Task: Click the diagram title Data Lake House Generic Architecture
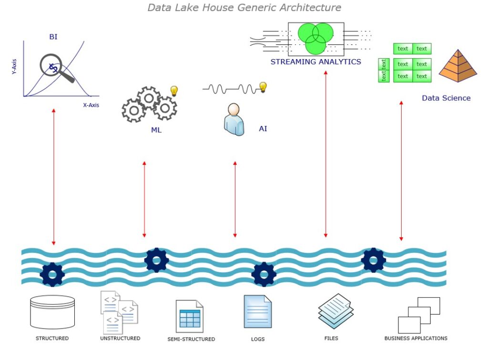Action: (x=244, y=8)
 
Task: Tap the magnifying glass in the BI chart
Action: (x=53, y=67)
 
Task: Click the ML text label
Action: (x=156, y=130)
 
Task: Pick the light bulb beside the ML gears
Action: (x=174, y=91)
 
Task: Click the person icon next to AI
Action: (x=234, y=120)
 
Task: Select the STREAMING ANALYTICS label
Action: (x=316, y=62)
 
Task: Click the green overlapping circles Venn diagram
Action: (x=315, y=38)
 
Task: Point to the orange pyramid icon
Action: (x=457, y=66)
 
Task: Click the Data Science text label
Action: (x=446, y=98)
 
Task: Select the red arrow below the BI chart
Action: (x=54, y=177)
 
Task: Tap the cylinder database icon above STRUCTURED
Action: (x=52, y=312)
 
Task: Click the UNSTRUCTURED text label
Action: (x=120, y=338)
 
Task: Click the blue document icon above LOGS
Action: (x=257, y=312)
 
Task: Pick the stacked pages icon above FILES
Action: (x=336, y=310)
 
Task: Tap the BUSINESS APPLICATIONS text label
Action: (x=416, y=338)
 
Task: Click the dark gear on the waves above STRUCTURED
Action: (x=52, y=274)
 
